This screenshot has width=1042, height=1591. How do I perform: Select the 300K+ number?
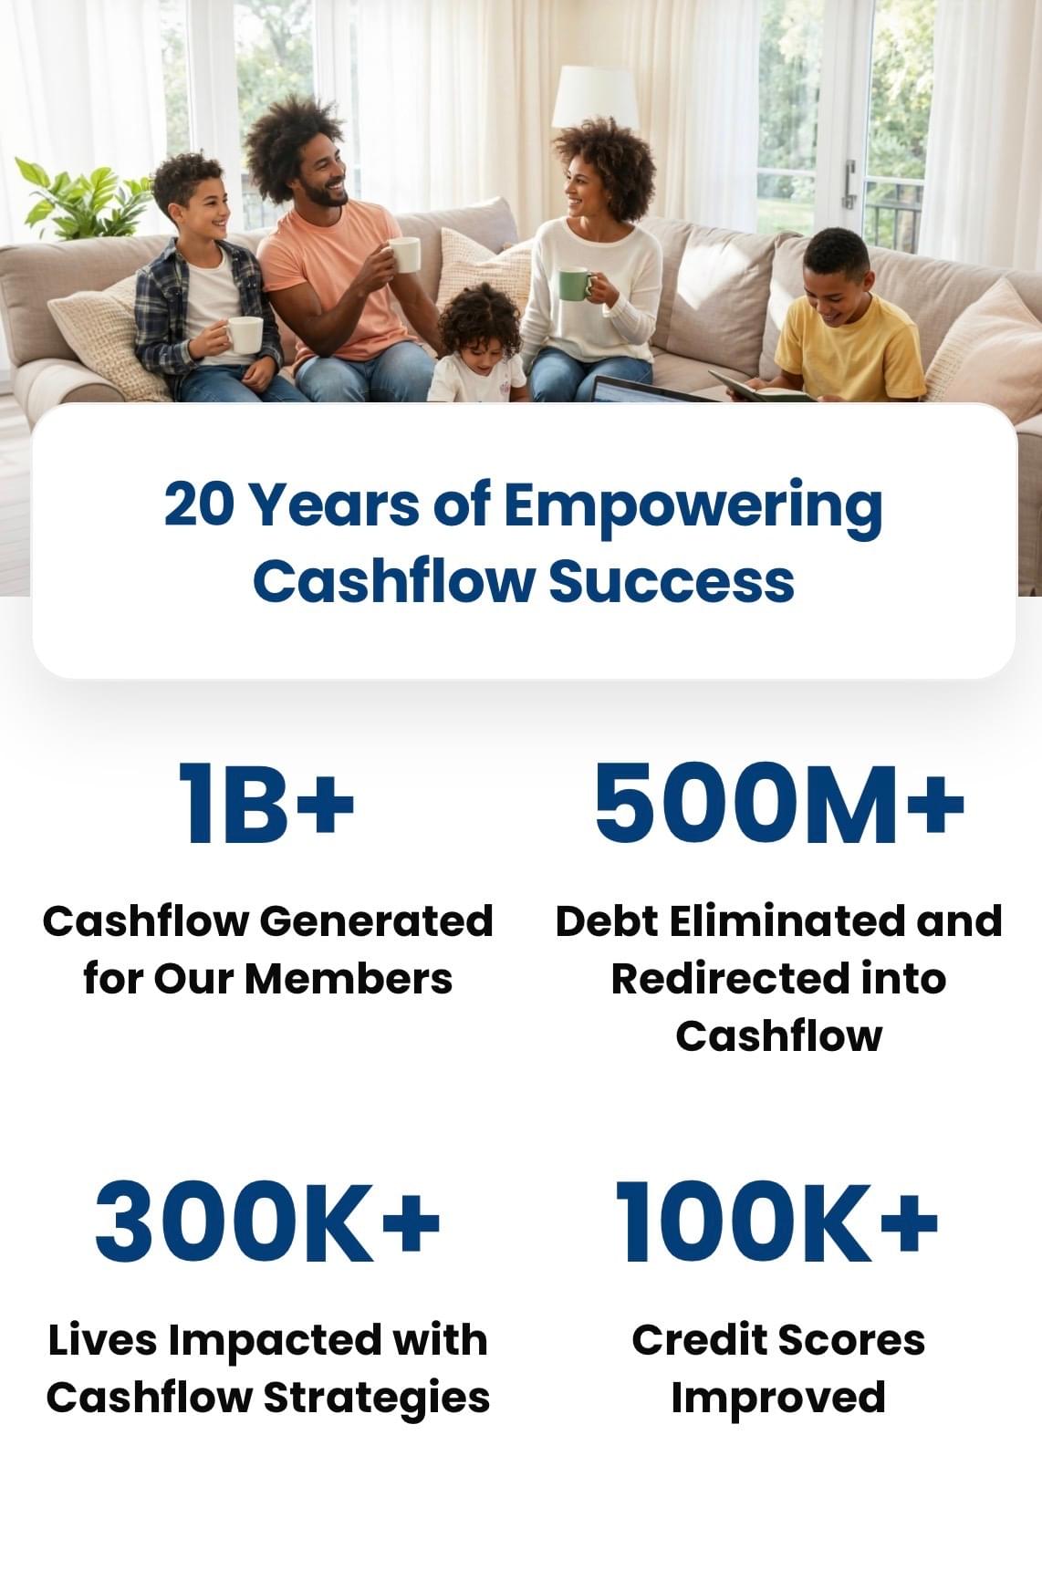[267, 1221]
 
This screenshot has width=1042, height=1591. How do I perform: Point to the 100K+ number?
[777, 1221]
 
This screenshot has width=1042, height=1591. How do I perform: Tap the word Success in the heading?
[672, 581]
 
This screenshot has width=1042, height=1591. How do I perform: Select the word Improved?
[778, 1398]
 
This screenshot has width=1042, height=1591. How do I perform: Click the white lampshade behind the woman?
[595, 97]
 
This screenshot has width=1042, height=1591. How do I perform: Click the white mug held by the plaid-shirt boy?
[244, 335]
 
